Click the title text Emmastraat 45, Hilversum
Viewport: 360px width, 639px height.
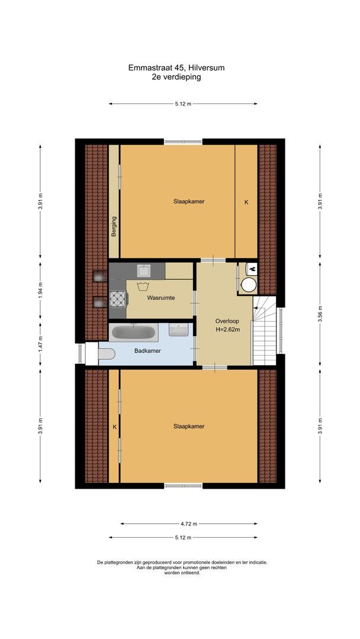(x=176, y=68)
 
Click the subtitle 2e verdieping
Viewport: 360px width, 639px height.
(x=176, y=76)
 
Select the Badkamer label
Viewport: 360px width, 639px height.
(x=147, y=351)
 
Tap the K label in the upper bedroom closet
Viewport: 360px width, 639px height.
(x=246, y=202)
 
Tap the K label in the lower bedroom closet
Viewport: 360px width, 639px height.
(x=114, y=426)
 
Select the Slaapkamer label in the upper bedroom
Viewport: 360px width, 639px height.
(x=189, y=201)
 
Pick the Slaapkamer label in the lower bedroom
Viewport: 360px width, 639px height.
(x=189, y=426)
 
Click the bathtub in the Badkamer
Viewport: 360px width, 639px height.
(x=134, y=333)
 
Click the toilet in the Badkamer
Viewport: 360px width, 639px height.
(x=105, y=354)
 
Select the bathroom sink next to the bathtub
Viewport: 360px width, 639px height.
(x=178, y=330)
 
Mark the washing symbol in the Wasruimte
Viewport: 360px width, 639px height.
(x=143, y=288)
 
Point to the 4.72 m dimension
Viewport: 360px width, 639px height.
(x=189, y=524)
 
